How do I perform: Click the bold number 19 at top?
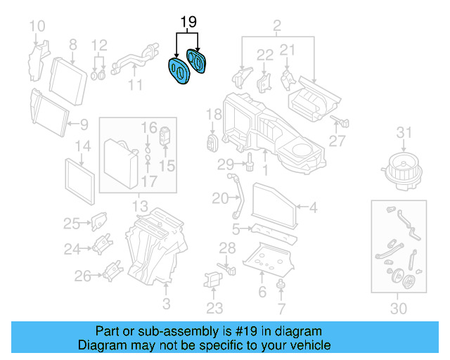(187, 22)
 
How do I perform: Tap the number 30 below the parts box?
(398, 308)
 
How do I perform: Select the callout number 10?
(37, 27)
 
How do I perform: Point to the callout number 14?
(83, 147)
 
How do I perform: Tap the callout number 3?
(166, 304)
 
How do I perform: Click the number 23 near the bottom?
(214, 308)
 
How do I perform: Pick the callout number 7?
(281, 308)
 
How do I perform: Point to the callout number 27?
(337, 141)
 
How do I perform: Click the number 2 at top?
(276, 27)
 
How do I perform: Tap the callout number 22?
(264, 54)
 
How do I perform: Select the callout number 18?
(214, 115)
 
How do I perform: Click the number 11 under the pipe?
(135, 85)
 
